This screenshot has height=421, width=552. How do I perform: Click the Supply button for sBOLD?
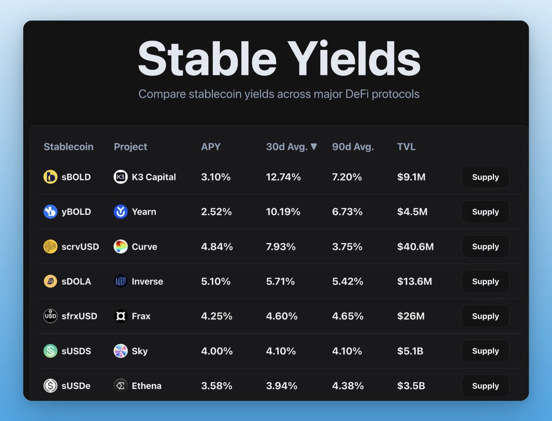tap(485, 177)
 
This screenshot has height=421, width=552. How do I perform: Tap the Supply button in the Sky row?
tap(485, 351)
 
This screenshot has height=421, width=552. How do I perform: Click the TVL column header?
tap(406, 147)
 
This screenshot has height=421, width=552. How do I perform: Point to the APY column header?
tap(211, 147)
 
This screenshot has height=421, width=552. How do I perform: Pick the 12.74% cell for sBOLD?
tap(283, 177)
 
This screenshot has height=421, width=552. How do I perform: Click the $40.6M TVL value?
tap(415, 247)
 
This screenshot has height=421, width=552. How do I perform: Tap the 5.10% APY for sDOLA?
tap(216, 281)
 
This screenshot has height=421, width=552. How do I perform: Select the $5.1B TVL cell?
tap(410, 351)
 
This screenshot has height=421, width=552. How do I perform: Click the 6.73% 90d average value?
tap(347, 212)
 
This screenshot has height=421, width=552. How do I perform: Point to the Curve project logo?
tap(121, 247)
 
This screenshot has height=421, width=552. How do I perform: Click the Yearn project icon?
tap(121, 212)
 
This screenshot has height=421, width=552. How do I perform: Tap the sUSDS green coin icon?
tap(50, 351)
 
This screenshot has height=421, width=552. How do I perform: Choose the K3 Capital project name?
tap(154, 177)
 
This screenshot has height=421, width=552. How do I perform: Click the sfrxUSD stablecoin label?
tap(80, 316)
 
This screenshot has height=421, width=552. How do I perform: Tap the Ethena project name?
tap(147, 386)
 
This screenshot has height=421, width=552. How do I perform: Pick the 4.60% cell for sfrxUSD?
tap(282, 316)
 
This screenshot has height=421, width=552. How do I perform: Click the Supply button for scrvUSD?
tap(485, 247)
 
